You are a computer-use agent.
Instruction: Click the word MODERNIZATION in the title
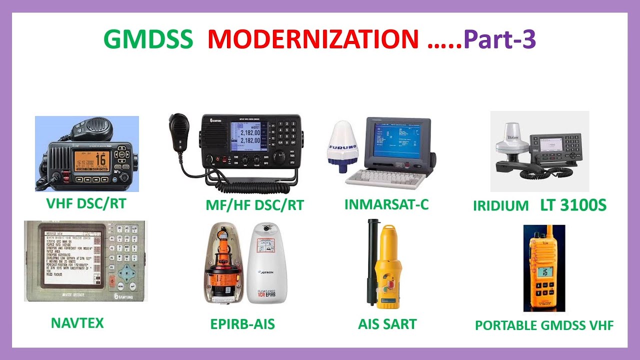312,39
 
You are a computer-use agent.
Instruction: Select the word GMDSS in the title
148,39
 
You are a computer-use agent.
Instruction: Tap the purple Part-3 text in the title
499,39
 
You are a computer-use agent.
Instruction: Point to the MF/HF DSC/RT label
254,204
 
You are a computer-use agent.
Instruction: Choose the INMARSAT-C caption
386,204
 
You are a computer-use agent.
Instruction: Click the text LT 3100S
573,205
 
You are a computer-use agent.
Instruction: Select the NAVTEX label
77,322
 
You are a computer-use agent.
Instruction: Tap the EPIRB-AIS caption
242,324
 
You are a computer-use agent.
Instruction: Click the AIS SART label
387,324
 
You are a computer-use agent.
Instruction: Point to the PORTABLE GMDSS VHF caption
544,325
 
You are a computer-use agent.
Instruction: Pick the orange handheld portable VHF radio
544,272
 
